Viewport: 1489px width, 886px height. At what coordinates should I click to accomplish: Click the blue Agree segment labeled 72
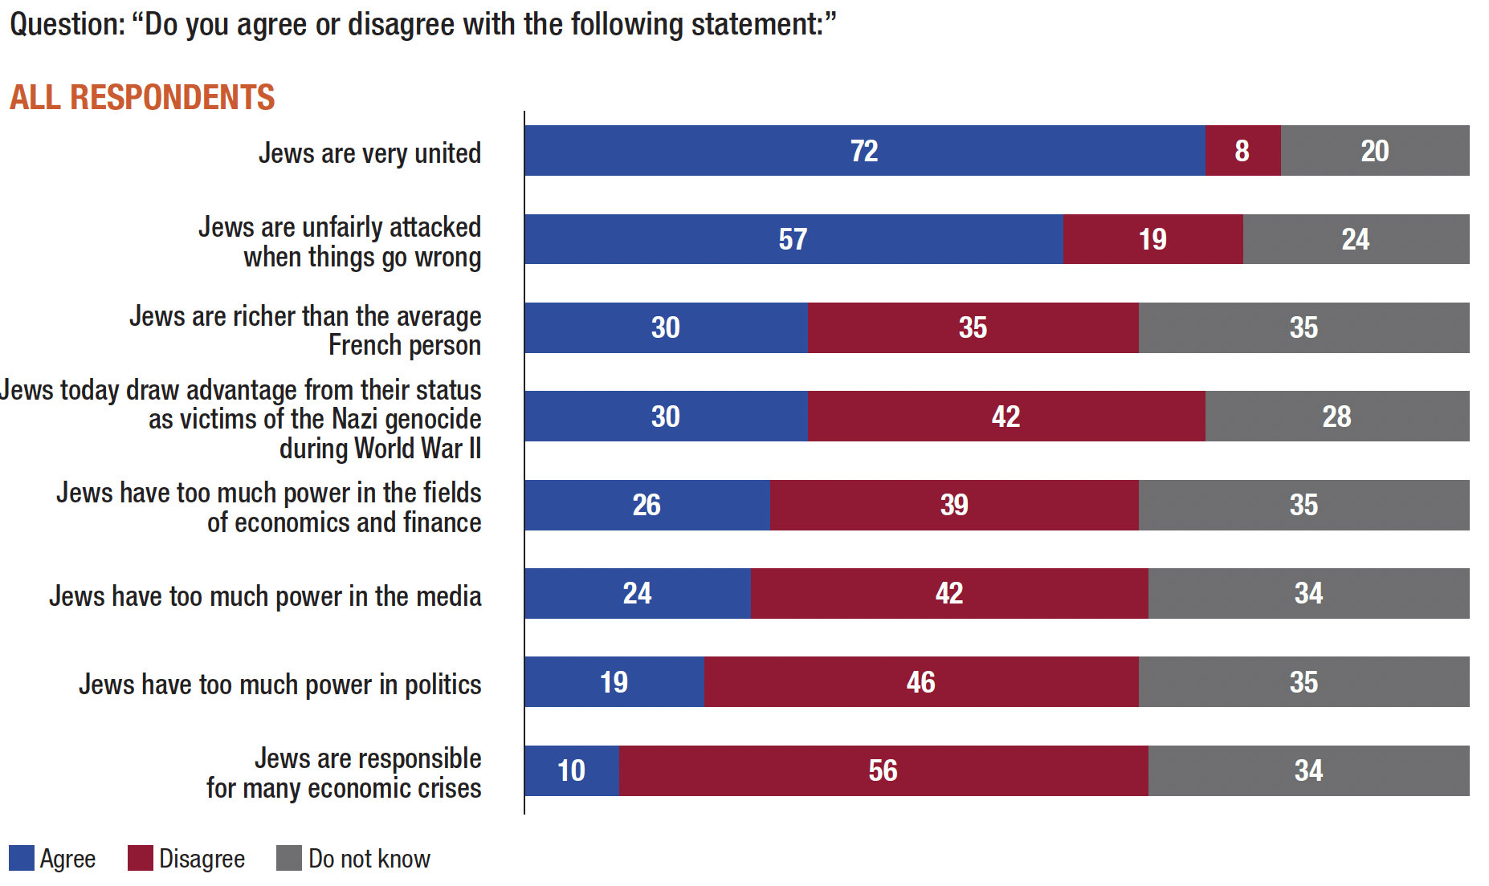(x=864, y=151)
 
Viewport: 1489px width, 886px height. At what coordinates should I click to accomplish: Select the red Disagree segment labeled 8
(x=1242, y=151)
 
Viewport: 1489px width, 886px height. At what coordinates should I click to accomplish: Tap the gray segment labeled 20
(x=1375, y=151)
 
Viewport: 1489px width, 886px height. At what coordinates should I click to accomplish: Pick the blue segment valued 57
(x=793, y=239)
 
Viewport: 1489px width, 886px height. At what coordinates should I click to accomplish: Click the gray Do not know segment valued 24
(x=1356, y=239)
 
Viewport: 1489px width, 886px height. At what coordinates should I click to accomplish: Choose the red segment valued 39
(x=954, y=505)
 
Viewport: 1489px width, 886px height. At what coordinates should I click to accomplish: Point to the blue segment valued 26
(x=647, y=505)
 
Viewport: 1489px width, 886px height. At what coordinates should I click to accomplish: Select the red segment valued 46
(x=920, y=682)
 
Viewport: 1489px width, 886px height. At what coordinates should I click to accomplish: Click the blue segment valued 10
(x=571, y=770)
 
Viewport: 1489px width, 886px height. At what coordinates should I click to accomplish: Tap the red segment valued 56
(x=883, y=770)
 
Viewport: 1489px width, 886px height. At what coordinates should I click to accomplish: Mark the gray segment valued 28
(x=1336, y=417)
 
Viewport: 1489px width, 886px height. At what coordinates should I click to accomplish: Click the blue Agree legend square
(x=22, y=858)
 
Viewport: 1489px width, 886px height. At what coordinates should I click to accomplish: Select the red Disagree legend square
(x=141, y=858)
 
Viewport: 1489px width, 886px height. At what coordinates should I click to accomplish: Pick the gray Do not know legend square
(x=289, y=858)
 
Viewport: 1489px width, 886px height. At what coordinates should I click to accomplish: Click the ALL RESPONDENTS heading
(x=142, y=97)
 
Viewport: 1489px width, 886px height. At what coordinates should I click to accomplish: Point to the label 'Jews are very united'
(x=369, y=152)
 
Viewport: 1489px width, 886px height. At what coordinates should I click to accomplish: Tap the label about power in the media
(x=265, y=596)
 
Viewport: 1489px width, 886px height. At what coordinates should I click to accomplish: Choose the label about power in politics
(x=279, y=685)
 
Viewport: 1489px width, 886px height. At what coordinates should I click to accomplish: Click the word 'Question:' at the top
(x=67, y=24)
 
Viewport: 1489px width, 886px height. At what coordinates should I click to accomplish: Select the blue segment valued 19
(x=614, y=682)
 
